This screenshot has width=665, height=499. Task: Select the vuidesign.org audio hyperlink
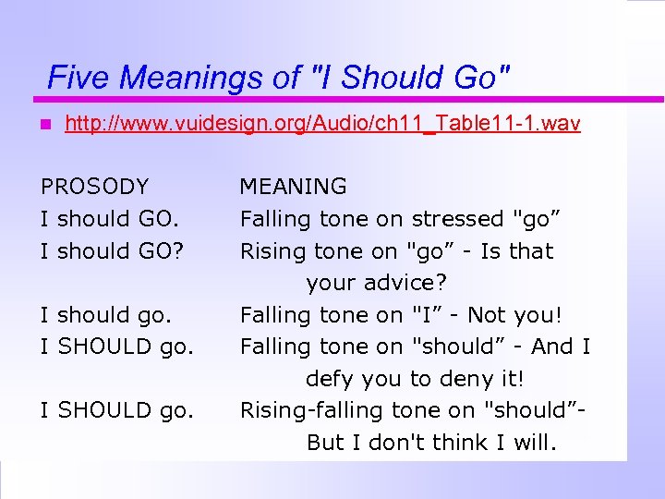322,123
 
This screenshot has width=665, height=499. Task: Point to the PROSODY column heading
94,187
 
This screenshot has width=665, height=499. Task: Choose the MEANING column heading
294,187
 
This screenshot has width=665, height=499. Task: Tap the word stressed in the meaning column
457,219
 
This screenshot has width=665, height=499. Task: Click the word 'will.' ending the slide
537,443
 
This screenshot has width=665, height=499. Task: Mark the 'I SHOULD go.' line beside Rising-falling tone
117,410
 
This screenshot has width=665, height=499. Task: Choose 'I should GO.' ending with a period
110,219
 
